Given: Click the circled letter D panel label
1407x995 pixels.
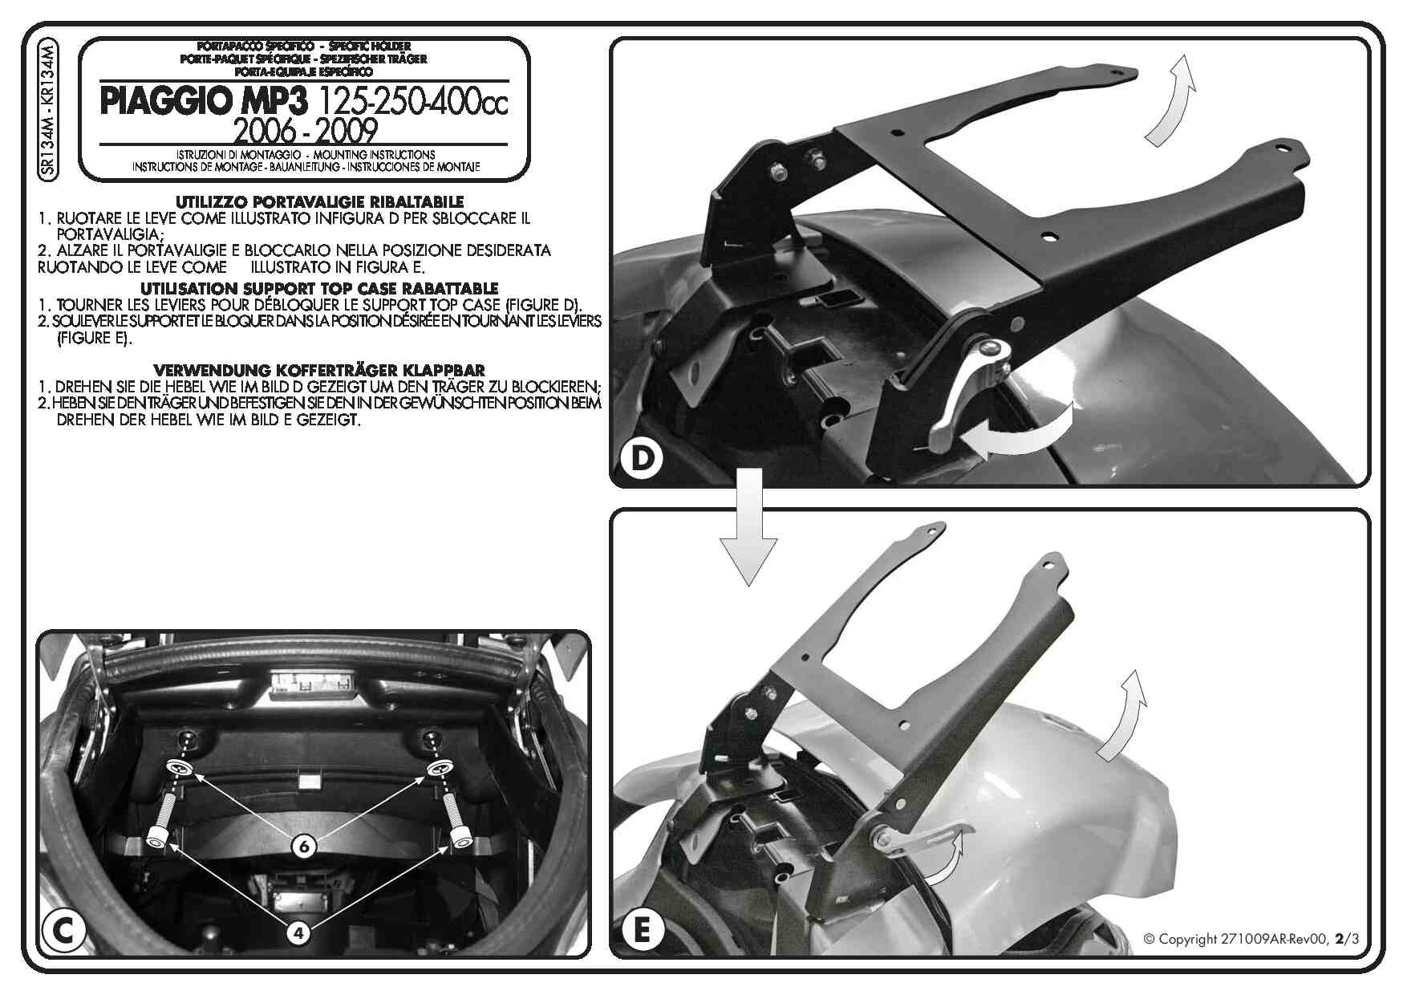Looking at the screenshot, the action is click(x=643, y=459).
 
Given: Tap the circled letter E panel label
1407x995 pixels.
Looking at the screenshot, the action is click(x=642, y=930).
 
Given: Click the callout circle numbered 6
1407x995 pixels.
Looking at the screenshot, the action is click(x=304, y=845).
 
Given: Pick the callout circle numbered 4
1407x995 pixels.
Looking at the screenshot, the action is click(x=298, y=932).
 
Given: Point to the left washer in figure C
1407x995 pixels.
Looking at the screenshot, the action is click(x=180, y=768).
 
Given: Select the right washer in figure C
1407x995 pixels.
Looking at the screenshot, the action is click(x=437, y=768).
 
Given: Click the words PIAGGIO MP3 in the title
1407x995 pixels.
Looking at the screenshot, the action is click(x=203, y=102).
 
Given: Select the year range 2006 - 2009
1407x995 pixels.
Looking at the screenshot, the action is click(x=305, y=130).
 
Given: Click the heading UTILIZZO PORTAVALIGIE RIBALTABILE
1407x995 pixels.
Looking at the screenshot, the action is click(x=319, y=202).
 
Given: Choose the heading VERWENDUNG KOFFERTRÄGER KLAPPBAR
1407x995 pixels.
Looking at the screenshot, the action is click(x=318, y=370).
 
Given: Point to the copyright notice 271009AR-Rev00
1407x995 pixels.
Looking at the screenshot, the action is click(x=1251, y=939).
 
